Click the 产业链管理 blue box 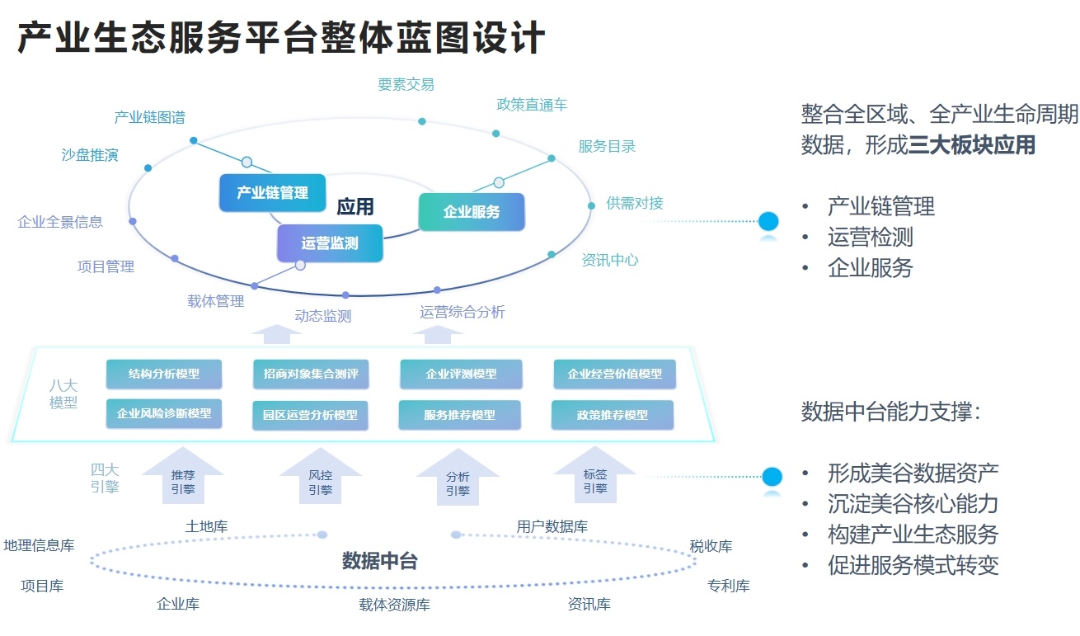point(272,192)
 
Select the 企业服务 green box point(472,212)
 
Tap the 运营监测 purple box point(330,243)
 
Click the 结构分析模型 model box point(164,374)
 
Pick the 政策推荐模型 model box point(613,415)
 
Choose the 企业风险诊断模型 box point(164,413)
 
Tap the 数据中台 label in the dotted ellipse point(380,562)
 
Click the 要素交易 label point(406,84)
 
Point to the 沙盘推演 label point(90,155)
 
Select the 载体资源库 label point(394,605)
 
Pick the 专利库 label point(728,586)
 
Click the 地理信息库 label point(39,545)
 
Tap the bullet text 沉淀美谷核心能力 point(913,503)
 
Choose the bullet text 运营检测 point(870,237)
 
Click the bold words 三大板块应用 point(972,145)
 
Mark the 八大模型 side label point(63,393)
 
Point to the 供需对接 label point(635,203)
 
